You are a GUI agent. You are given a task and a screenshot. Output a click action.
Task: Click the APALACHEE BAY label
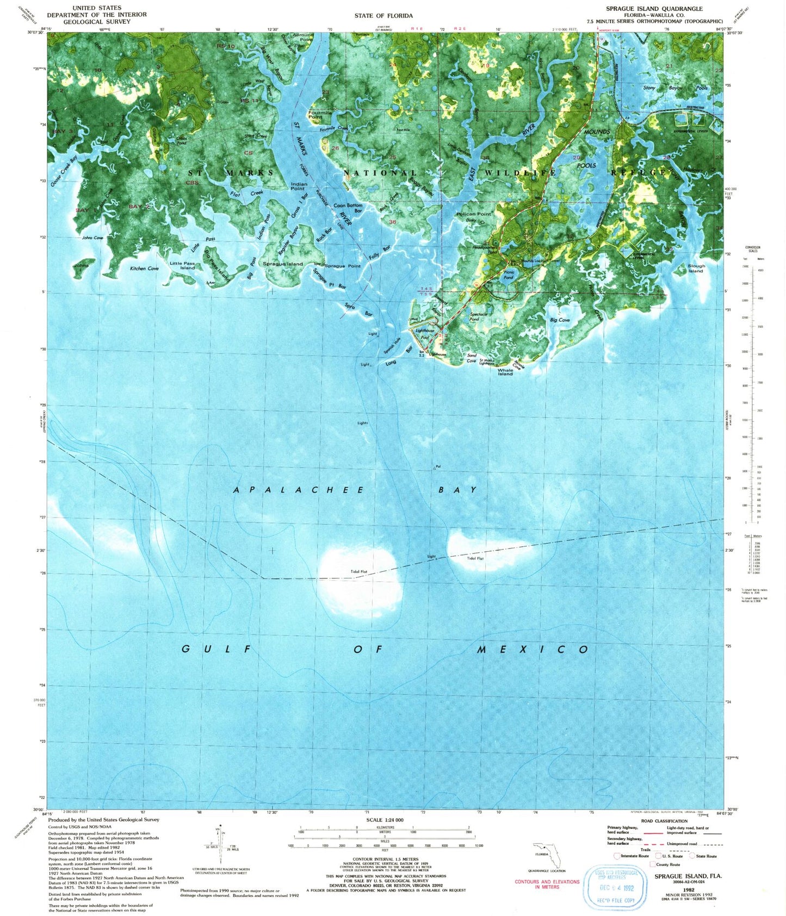coord(355,490)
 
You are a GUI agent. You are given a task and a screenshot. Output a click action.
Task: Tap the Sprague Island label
coord(283,264)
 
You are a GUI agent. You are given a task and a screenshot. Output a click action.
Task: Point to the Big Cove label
coord(560,320)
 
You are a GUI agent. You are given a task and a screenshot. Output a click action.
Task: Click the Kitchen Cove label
coord(144,269)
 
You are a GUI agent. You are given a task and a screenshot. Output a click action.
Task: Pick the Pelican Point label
coord(474,214)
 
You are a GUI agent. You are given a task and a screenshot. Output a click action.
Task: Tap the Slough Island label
coord(696,269)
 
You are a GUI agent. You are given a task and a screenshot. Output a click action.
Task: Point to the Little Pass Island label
coord(182,265)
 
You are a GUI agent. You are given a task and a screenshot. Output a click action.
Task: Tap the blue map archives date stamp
coord(616,887)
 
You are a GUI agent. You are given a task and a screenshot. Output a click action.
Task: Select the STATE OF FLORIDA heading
coord(383,16)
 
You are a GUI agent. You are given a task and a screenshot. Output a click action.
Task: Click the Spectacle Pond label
coord(478,316)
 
